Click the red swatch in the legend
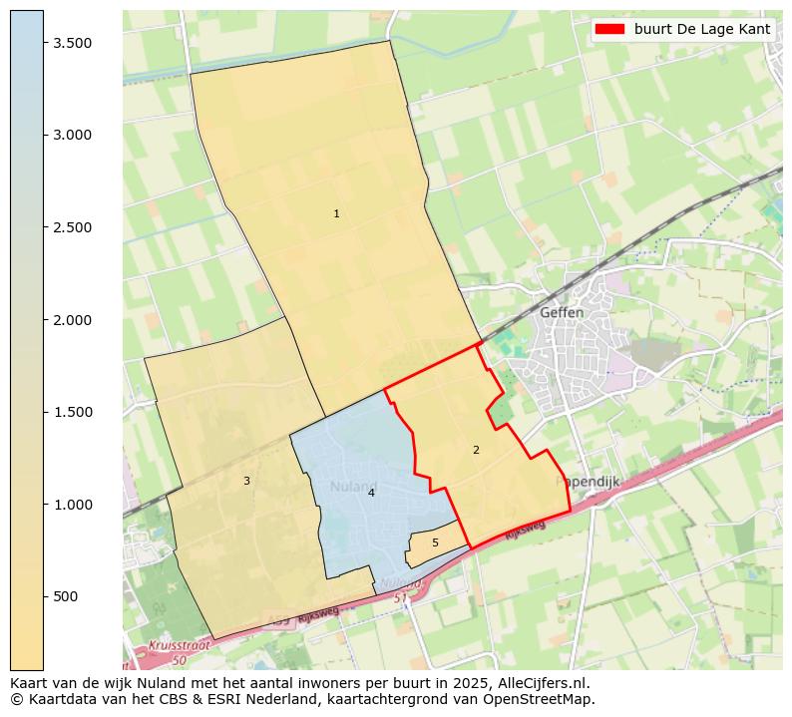tap(609, 29)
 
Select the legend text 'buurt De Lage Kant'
tap(702, 29)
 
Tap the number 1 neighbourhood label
tap(336, 213)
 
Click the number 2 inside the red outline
tap(476, 450)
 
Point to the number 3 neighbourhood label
tap(246, 481)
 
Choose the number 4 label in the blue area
tap(371, 493)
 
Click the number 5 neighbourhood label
tap(435, 542)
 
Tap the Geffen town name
tap(562, 312)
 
